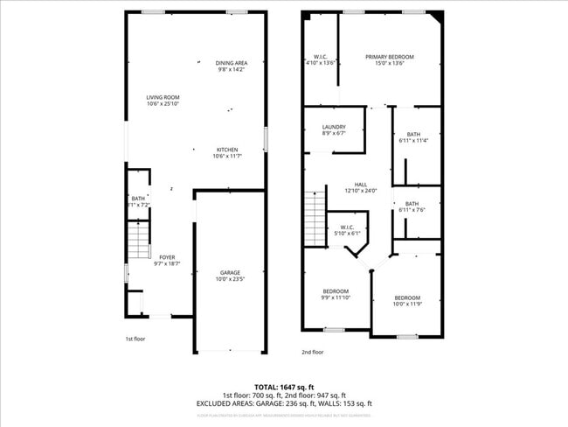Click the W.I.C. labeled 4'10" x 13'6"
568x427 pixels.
coord(321,59)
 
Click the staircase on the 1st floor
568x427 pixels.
coord(136,240)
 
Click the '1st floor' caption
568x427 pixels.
coord(135,338)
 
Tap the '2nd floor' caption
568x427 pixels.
coord(312,352)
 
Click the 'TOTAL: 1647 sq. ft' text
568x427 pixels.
coord(284,386)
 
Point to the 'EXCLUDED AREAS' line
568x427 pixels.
coord(284,403)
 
